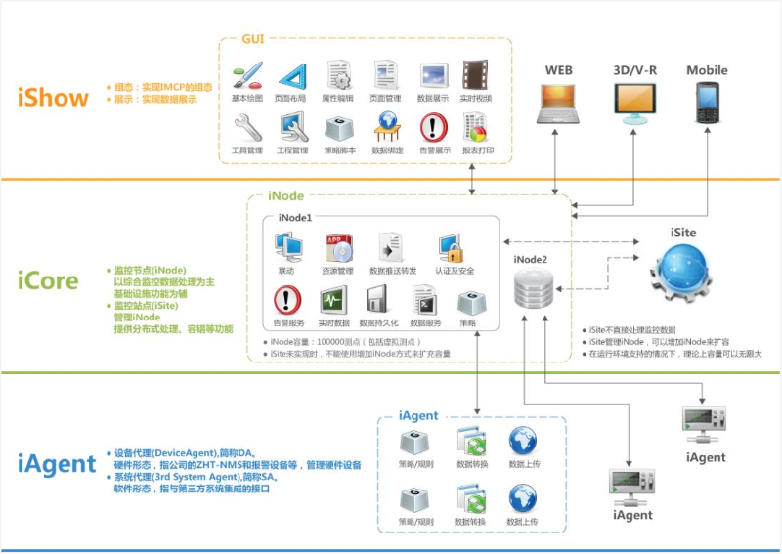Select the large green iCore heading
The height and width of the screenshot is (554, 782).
(47, 280)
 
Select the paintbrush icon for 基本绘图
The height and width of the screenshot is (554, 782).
(247, 75)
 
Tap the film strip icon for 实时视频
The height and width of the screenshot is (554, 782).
(476, 75)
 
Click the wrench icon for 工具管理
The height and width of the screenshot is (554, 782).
(247, 127)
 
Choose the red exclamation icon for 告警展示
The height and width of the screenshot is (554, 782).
(433, 127)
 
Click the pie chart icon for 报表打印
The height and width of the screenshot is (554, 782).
(476, 127)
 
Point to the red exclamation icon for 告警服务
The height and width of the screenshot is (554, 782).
(287, 299)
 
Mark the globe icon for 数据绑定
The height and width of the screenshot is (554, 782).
(387, 127)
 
